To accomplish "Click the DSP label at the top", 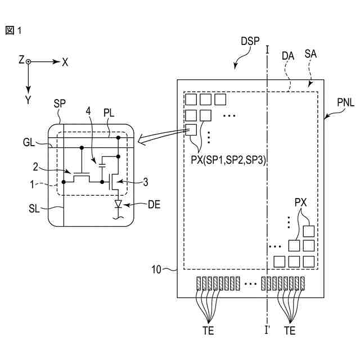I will coord(250,41).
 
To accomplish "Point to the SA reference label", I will coord(310,54).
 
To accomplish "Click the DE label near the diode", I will coord(154,205).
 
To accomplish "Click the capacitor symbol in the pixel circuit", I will coord(102,165).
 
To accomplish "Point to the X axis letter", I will coord(65,62).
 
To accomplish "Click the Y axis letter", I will coord(28,100).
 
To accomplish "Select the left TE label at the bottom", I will coord(208,331).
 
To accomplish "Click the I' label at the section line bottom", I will coord(267,331).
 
